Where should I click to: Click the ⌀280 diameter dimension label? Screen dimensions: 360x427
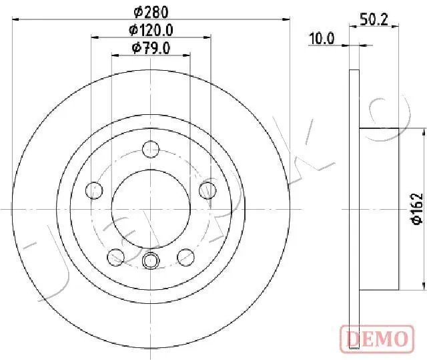point(151,11)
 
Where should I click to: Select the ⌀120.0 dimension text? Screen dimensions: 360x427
point(151,29)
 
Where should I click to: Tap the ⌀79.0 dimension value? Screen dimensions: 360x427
point(151,47)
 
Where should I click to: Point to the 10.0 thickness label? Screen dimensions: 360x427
point(321,39)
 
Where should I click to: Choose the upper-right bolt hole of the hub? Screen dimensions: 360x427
point(208,190)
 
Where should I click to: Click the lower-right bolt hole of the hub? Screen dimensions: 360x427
point(187,255)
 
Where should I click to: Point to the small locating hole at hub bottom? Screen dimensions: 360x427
point(151,260)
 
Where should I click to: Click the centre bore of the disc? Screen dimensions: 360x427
point(151,208)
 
